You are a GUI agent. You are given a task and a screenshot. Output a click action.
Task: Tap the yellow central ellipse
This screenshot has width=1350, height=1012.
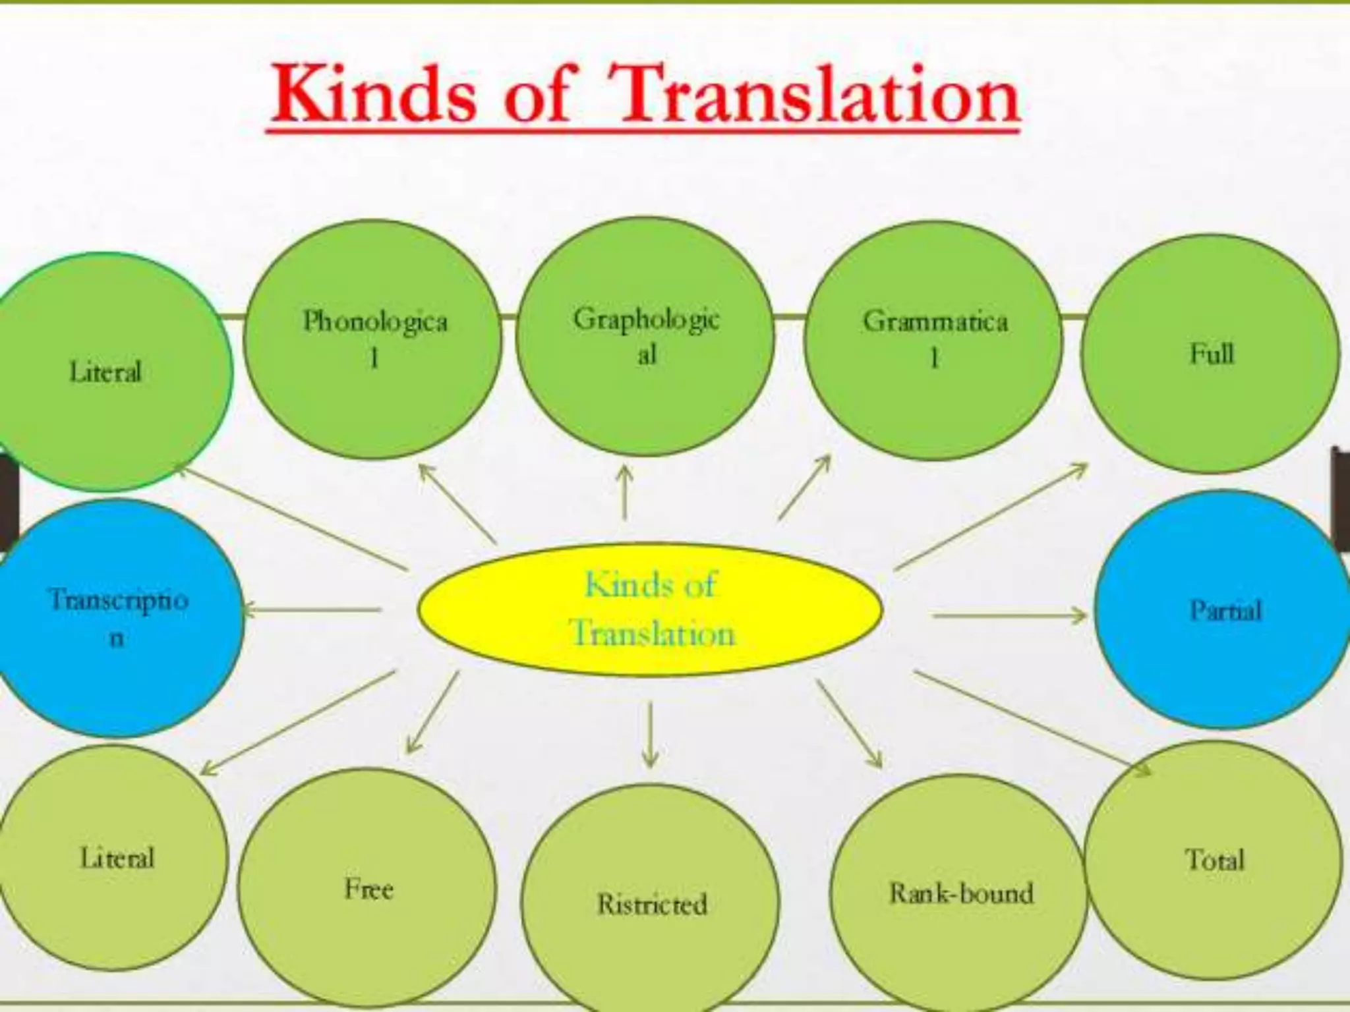(x=650, y=610)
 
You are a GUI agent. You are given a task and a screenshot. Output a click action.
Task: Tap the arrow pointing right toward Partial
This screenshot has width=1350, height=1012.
(x=1009, y=616)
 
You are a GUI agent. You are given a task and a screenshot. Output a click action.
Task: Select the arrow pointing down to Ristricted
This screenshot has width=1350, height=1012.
(x=650, y=735)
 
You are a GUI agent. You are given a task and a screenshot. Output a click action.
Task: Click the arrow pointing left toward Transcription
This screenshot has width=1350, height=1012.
(x=312, y=610)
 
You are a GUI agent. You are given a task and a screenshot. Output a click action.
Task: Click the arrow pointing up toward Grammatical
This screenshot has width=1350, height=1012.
(x=804, y=488)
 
